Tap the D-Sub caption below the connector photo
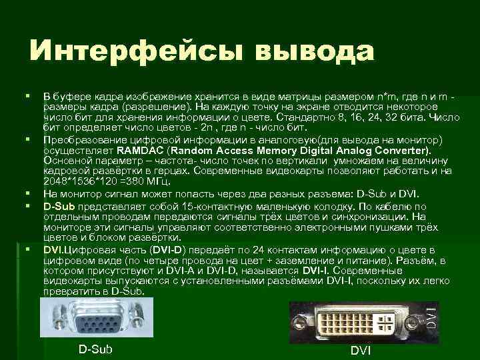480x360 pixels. point(95,349)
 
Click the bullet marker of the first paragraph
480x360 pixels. point(27,97)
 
